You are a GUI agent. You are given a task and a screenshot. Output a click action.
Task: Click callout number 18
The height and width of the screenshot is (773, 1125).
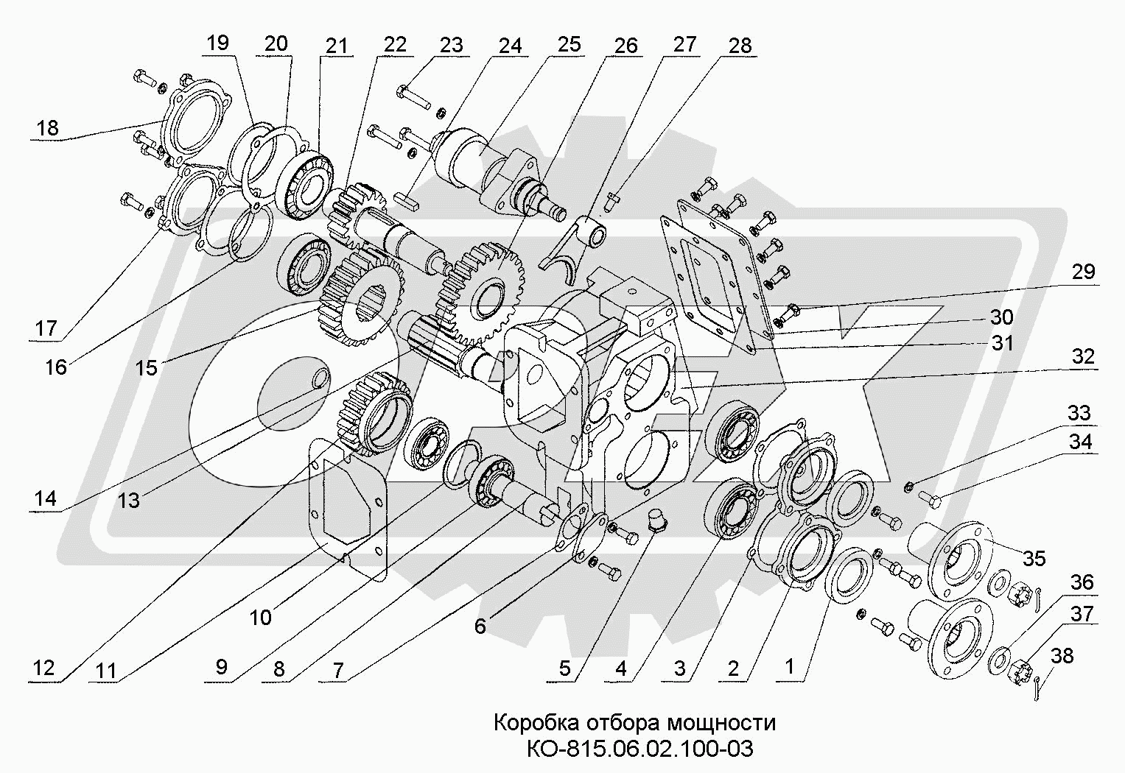[x=47, y=128]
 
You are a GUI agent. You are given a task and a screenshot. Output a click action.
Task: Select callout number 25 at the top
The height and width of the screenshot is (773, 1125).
[x=569, y=43]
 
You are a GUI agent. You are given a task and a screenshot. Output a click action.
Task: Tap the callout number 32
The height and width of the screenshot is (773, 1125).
[x=1083, y=357]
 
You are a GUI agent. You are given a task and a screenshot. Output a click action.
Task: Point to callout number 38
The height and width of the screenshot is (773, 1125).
[x=1062, y=655]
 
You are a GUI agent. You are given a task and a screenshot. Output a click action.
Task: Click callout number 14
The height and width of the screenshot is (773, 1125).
[x=45, y=498]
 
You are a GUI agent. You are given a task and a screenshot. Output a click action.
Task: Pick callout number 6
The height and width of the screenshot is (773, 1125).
[x=480, y=626]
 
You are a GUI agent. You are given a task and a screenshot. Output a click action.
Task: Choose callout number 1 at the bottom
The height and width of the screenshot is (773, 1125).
[x=789, y=668]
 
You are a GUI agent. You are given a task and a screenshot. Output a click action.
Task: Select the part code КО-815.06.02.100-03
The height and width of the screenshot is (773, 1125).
[x=639, y=749]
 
